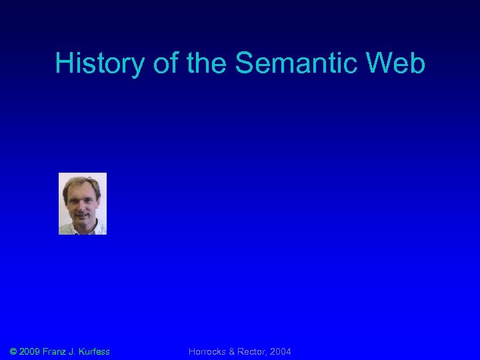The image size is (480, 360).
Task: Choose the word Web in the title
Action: coord(398,64)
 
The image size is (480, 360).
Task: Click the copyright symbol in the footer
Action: coord(14,351)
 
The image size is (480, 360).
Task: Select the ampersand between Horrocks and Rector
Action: coord(233,351)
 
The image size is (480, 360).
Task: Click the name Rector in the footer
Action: coord(252,351)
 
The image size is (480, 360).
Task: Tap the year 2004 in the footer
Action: coord(280,351)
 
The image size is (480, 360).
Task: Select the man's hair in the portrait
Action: coord(81,181)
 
